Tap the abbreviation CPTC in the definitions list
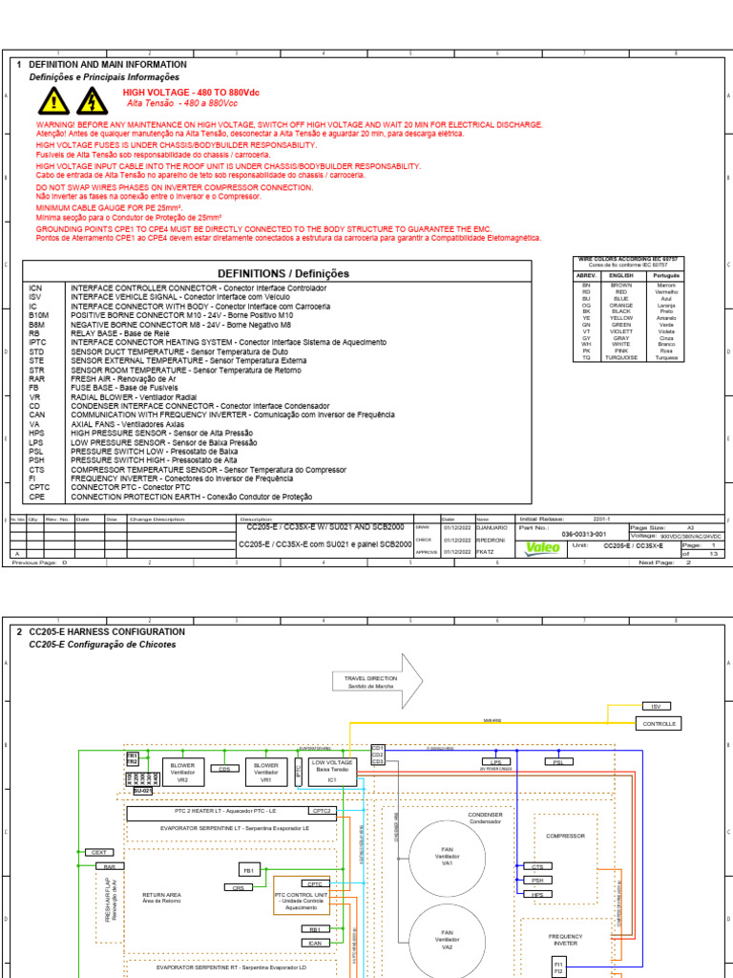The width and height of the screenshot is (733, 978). click(x=39, y=487)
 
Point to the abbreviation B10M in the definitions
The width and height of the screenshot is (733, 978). click(x=39, y=314)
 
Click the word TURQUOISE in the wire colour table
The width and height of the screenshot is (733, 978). click(x=621, y=357)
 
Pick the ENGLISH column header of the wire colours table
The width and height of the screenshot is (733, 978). click(x=621, y=275)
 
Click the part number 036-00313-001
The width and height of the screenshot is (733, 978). click(x=583, y=535)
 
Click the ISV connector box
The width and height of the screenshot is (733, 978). click(x=655, y=706)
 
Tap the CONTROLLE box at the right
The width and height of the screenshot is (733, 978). click(x=659, y=724)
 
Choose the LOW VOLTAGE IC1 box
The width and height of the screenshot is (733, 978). click(x=333, y=771)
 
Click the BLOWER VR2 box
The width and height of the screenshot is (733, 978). click(x=181, y=771)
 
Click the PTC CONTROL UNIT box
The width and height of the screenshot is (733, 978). click(x=301, y=901)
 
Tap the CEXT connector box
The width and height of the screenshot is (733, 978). click(x=98, y=852)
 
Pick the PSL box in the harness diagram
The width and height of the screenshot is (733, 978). click(x=558, y=761)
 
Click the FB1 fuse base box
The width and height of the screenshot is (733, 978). click(x=249, y=870)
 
